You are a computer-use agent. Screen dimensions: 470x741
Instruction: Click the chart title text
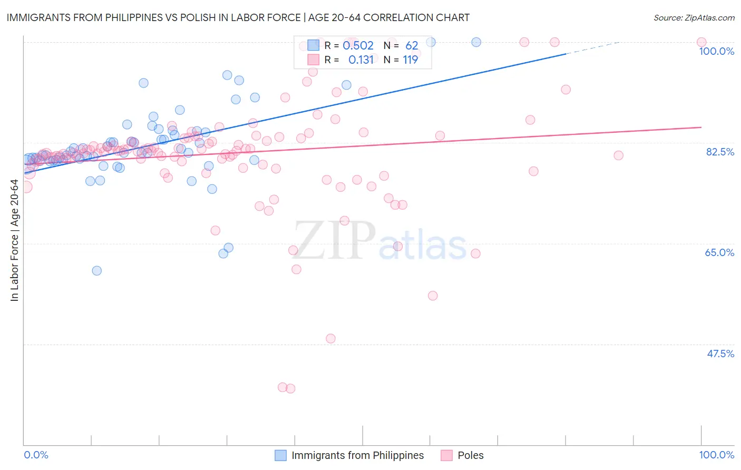pyautogui.click(x=238, y=17)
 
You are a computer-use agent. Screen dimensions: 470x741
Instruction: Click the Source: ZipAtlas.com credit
pyautogui.click(x=694, y=17)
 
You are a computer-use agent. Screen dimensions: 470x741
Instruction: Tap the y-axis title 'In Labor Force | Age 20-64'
pyautogui.click(x=14, y=240)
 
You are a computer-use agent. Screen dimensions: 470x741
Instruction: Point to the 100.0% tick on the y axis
pyautogui.click(x=716, y=51)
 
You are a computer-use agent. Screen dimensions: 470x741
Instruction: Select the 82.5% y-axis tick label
pyautogui.click(x=720, y=152)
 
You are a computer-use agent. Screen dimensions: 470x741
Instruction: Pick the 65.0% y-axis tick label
pyautogui.click(x=719, y=252)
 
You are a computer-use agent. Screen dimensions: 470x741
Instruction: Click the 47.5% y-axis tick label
pyautogui.click(x=720, y=354)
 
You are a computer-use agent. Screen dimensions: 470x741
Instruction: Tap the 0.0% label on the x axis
pyautogui.click(x=36, y=455)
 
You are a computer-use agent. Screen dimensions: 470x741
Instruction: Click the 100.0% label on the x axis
pyautogui.click(x=716, y=455)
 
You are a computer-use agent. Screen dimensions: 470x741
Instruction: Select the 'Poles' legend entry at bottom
pyautogui.click(x=470, y=455)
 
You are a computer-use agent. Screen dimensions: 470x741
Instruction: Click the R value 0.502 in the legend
pyautogui.click(x=358, y=46)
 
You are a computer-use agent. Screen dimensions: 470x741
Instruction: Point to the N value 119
pyautogui.click(x=410, y=60)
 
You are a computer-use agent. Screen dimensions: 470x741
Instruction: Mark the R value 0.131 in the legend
pyautogui.click(x=360, y=60)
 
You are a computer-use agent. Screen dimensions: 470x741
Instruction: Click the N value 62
pyautogui.click(x=411, y=46)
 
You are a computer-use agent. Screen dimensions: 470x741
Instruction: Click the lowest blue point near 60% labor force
pyautogui.click(x=97, y=271)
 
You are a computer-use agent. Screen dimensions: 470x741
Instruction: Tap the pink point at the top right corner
pyautogui.click(x=701, y=42)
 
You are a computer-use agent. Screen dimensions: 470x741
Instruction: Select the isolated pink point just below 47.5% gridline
pyautogui.click(x=330, y=338)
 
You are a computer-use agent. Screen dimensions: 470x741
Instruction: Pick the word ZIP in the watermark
pyautogui.click(x=335, y=240)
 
